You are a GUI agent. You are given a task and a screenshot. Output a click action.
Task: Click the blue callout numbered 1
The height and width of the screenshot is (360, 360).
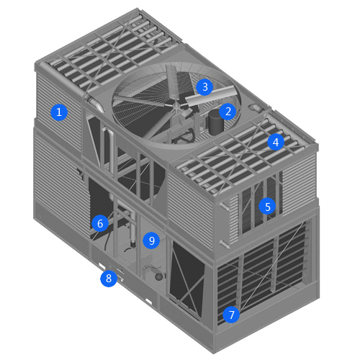point(59,112)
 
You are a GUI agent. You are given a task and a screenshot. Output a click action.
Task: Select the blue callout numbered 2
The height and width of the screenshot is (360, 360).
point(228,112)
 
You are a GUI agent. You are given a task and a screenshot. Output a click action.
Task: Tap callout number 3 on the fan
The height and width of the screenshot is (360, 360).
point(204,87)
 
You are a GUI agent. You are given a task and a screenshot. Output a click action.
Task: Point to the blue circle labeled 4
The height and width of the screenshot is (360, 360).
point(276,142)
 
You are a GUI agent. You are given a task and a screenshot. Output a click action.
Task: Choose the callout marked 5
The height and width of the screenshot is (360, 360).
point(267,207)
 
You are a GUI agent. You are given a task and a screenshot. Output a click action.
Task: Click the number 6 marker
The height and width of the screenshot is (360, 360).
point(100,223)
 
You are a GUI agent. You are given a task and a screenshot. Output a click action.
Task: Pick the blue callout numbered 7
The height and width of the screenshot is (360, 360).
point(231,315)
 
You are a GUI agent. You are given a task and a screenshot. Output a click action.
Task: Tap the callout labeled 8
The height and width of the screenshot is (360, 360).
point(109,279)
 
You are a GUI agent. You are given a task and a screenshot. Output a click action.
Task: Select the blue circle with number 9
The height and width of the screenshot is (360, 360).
point(151,240)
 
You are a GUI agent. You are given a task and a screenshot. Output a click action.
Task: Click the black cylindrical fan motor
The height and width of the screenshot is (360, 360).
point(215,122)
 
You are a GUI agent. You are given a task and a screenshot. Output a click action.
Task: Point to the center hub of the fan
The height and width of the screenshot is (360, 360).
point(176,106)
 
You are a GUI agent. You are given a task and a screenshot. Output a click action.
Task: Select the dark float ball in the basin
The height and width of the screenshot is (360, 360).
point(159,276)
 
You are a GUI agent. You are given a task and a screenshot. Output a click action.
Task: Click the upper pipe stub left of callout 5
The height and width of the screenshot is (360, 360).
point(225,207)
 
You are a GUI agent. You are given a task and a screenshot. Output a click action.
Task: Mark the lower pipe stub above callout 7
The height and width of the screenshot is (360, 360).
point(225,244)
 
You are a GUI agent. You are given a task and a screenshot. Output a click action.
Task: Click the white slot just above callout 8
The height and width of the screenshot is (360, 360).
point(102,266)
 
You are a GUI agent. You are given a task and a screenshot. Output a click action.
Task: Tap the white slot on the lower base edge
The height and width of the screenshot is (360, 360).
point(149,302)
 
